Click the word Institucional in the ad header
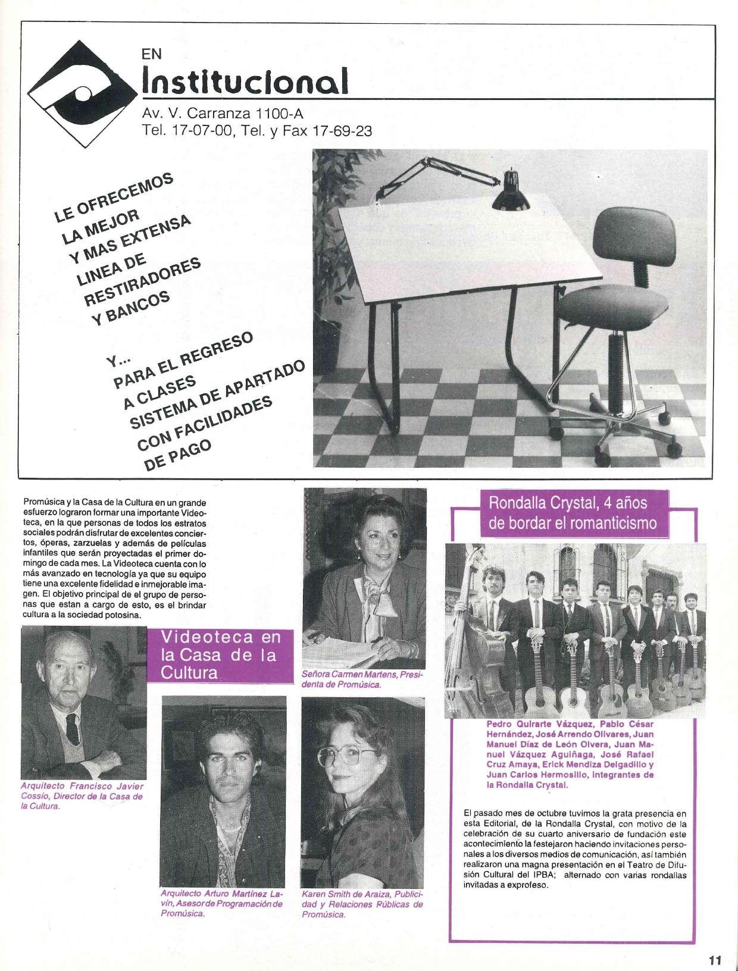click(243, 82)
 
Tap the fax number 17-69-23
click(342, 131)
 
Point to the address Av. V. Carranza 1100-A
click(223, 112)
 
